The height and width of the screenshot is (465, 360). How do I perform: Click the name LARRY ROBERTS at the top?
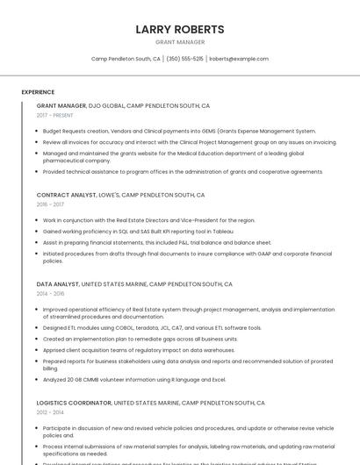pos(180,29)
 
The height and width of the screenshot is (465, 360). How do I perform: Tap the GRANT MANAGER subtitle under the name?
pos(180,42)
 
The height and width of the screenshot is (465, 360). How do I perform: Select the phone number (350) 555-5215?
pos(184,59)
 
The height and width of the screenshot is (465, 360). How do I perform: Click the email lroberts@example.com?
pos(239,59)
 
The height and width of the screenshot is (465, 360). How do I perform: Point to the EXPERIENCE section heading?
pos(38,91)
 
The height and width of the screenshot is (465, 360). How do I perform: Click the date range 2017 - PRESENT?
pos(54,115)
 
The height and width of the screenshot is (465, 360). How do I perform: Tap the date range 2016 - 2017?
pos(50,204)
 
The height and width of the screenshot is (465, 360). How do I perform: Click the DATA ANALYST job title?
pos(57,284)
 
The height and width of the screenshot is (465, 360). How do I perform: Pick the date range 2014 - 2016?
pos(50,293)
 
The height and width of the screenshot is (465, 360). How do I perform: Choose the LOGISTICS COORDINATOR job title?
pos(74,403)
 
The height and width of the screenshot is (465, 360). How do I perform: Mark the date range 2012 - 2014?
pos(50,411)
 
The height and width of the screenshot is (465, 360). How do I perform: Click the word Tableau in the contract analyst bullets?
pos(223,231)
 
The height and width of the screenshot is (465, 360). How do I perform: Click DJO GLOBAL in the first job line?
pos(106,105)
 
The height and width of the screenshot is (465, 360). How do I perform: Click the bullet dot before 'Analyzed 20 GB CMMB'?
pos(38,379)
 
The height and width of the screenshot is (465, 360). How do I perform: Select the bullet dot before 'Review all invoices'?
pos(38,141)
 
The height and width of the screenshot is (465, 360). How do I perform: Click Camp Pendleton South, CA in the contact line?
pos(126,59)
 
